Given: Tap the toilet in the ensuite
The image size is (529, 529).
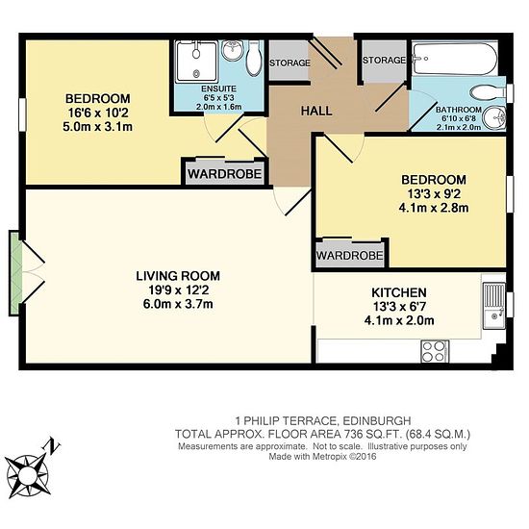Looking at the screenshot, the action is [x=255, y=58].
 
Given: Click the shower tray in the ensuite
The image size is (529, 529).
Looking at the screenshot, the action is [x=197, y=62].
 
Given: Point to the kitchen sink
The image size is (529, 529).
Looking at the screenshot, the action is [x=494, y=306].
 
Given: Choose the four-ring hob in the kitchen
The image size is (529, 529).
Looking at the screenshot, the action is [x=435, y=351].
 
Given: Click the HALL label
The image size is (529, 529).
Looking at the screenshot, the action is [x=316, y=111].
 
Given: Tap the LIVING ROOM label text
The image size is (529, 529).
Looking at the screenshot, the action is [x=178, y=276].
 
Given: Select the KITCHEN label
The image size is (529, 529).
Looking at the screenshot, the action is [x=399, y=292].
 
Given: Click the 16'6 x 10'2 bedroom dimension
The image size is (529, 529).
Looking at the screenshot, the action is [x=98, y=113].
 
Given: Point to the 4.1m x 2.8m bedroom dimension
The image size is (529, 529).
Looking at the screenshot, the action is [x=434, y=208].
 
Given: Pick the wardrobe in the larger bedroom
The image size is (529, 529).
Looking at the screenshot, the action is [x=225, y=173].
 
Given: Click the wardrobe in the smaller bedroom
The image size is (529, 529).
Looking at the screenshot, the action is [x=350, y=255].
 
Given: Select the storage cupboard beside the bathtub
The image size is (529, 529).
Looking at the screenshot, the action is [x=384, y=61].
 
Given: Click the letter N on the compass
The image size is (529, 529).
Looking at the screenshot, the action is [x=51, y=446].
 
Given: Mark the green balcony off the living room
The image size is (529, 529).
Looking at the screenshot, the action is [x=15, y=273].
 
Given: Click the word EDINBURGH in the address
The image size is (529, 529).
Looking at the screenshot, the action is [x=377, y=421].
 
